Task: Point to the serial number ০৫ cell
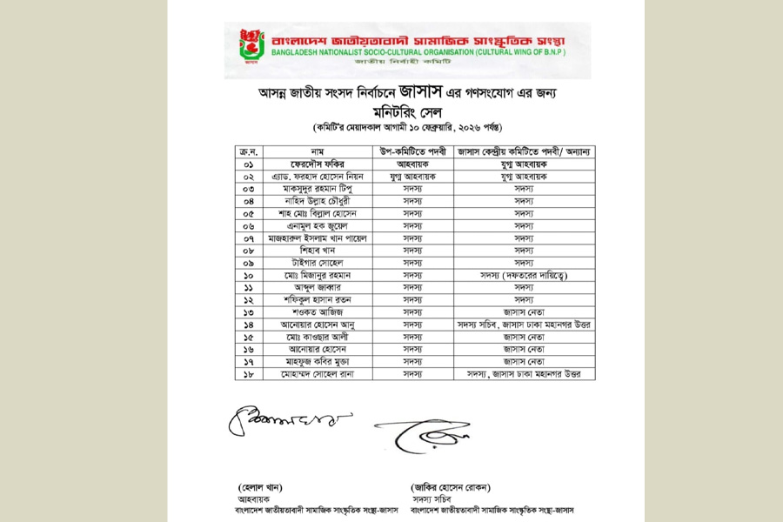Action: click(x=248, y=212)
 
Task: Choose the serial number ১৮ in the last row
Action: click(x=248, y=373)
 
